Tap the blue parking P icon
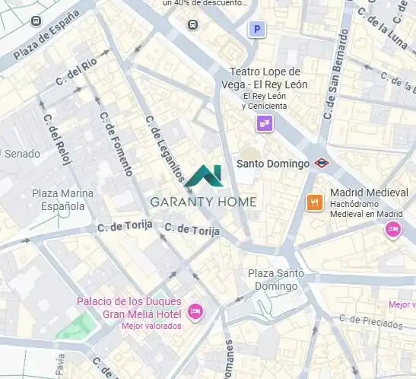[258, 29]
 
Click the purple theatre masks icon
[265, 123]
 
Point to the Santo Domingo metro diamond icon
[322, 163]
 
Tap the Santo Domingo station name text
[273, 164]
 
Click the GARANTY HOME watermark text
[203, 202]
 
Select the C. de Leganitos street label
[165, 150]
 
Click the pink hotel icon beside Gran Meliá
[195, 311]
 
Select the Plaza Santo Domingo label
[275, 279]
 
